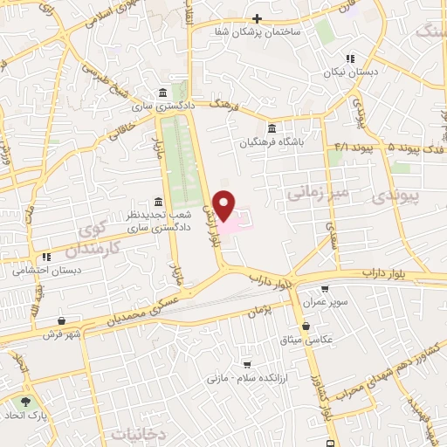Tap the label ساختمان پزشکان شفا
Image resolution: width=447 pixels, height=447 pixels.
pyautogui.click(x=265, y=31)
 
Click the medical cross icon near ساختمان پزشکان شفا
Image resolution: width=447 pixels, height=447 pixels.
pyautogui.click(x=256, y=18)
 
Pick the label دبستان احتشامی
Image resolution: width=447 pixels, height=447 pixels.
pyautogui.click(x=42, y=270)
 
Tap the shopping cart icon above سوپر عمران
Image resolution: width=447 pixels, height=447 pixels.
pyautogui.click(x=325, y=289)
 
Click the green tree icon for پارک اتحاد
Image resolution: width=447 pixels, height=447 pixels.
pyautogui.click(x=26, y=402)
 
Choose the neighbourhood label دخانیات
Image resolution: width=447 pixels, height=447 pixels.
pyautogui.click(x=134, y=431)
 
